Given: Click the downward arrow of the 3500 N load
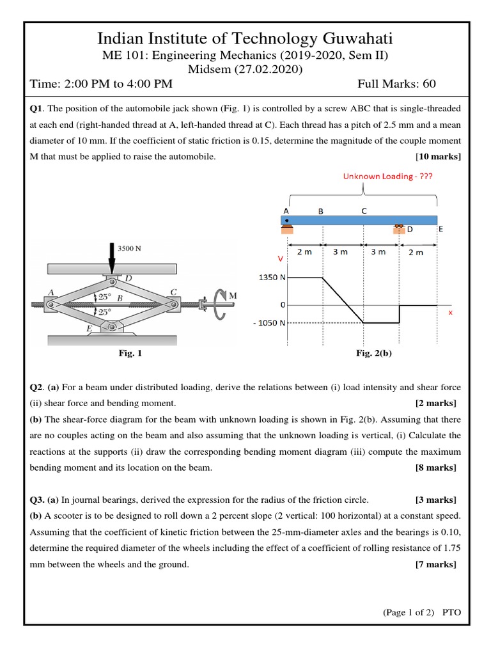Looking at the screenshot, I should [113, 259].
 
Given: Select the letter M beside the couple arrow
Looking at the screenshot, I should [233, 296].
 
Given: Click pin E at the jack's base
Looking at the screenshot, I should [113, 327].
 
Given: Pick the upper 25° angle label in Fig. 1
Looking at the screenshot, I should [104, 297].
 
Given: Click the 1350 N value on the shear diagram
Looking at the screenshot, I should [272, 278].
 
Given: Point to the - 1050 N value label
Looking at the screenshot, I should [269, 323].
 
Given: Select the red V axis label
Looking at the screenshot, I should [279, 260].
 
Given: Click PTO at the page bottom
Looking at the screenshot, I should [451, 612].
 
